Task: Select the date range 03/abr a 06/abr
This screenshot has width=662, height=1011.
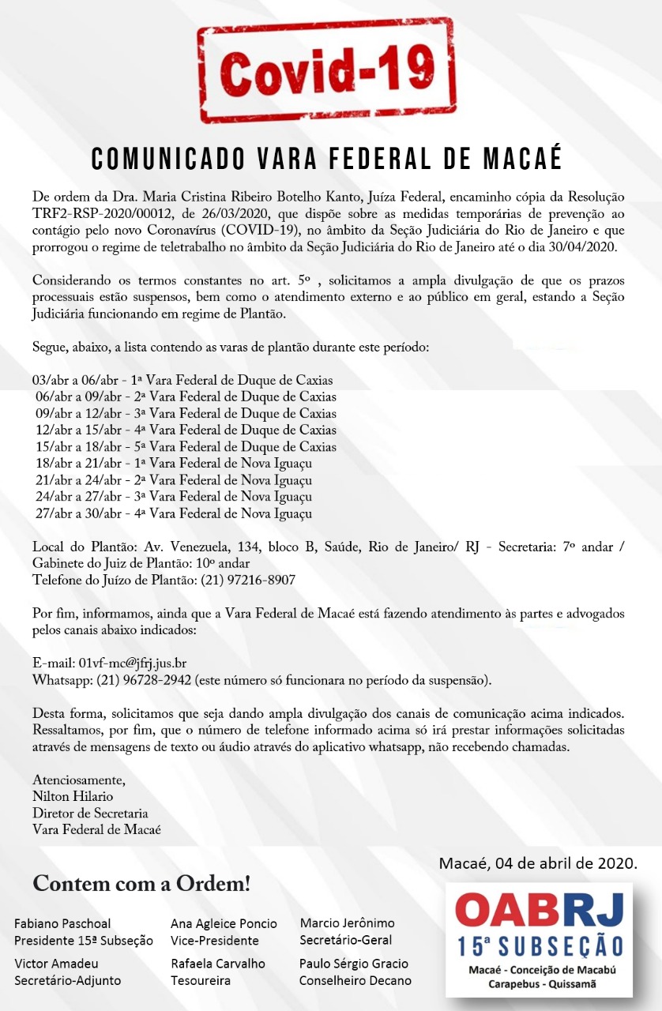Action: click(71, 381)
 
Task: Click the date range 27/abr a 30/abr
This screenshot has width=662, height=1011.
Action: click(74, 513)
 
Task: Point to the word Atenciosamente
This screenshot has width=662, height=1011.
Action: click(78, 780)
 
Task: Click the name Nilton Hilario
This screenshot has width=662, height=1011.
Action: click(74, 796)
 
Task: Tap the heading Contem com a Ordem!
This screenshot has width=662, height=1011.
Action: click(141, 884)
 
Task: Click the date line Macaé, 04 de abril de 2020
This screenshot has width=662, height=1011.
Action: click(538, 863)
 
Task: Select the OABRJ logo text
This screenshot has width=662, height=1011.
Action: click(539, 911)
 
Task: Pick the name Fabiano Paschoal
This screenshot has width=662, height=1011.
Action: click(62, 923)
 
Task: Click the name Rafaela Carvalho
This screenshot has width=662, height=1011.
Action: click(218, 964)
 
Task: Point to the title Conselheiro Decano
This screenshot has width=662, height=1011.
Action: click(355, 980)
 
